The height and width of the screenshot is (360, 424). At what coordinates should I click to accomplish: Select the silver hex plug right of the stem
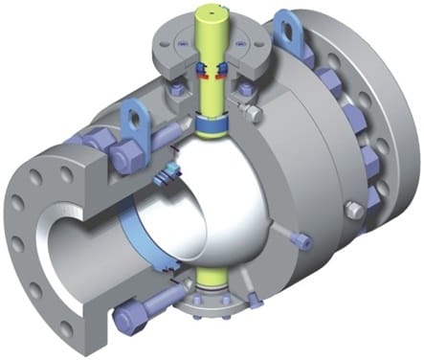[253, 114]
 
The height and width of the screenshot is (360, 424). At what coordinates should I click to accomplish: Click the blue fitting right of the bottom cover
[253, 302]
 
